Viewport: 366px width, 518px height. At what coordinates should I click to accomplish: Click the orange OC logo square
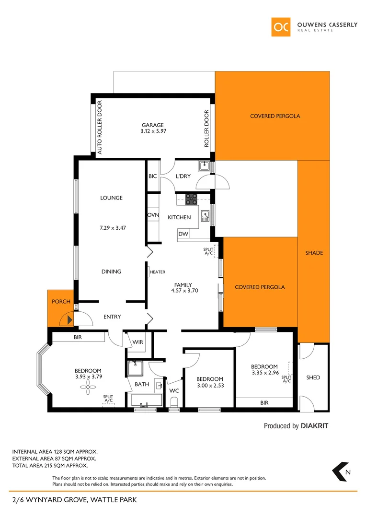pos(281,27)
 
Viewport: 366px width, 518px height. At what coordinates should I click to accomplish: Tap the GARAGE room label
pos(152,125)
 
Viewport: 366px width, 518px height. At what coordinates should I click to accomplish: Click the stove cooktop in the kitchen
pos(191,199)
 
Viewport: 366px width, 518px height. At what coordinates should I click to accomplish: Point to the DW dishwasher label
pos(183,234)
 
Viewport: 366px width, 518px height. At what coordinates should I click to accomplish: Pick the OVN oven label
pos(153,215)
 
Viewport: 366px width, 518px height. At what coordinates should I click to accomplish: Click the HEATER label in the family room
pos(158,272)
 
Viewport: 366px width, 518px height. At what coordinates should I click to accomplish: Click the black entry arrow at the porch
pos(69,319)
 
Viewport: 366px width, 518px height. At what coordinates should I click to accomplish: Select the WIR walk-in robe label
pos(137,342)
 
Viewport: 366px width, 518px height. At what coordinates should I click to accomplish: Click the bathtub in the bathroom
pos(146,400)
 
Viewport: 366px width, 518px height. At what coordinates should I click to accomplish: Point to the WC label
pos(174,390)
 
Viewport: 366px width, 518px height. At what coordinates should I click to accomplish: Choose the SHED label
pos(313,377)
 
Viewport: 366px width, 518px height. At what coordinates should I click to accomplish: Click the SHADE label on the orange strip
pos(314,253)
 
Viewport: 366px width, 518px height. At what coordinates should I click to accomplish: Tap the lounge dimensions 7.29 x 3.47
pos(111,228)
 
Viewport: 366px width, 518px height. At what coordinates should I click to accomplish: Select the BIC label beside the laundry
pos(153,176)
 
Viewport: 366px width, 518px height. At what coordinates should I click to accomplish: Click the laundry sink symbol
pos(205,166)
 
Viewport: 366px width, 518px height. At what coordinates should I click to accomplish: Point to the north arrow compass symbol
pos(341,471)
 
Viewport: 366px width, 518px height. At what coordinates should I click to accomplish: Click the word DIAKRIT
pos(314,425)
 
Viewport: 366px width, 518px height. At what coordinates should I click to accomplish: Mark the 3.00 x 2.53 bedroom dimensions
pos(210,385)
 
